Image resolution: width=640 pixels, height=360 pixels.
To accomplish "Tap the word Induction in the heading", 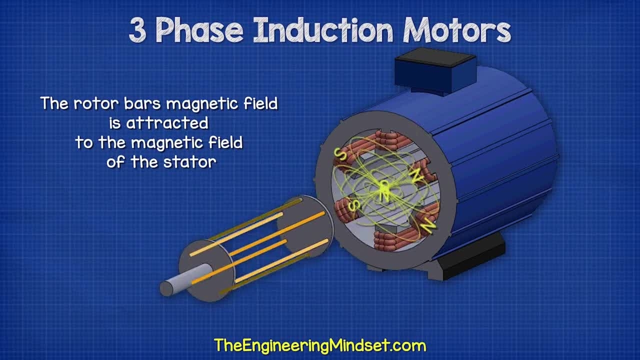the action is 323,30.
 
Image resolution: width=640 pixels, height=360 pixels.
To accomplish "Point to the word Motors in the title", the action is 457,30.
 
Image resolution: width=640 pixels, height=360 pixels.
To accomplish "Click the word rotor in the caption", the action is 96,103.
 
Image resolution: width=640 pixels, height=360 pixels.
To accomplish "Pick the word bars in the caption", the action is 142,103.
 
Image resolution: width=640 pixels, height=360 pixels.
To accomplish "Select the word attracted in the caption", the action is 167,123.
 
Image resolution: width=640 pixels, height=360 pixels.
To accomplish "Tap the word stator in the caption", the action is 189,162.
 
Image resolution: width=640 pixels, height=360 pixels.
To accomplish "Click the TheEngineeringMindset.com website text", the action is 320,345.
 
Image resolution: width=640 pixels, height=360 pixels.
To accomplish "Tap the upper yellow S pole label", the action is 340,154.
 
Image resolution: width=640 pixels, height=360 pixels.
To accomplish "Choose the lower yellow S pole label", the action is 355,205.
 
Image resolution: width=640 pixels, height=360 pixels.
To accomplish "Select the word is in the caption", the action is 115,123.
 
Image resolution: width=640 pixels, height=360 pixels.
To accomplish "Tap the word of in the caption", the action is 116,162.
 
